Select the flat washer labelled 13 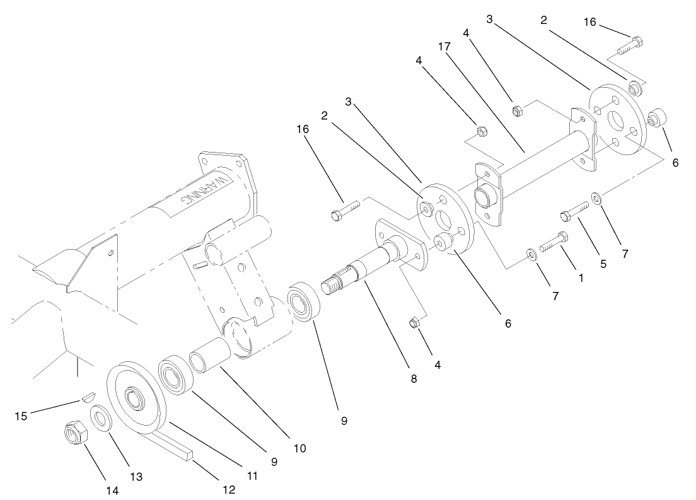tap(100, 417)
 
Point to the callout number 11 tap(252, 476)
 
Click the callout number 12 tap(228, 489)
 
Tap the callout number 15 tap(22, 416)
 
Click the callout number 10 tap(299, 448)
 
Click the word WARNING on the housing tap(204, 190)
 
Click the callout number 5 tap(603, 264)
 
